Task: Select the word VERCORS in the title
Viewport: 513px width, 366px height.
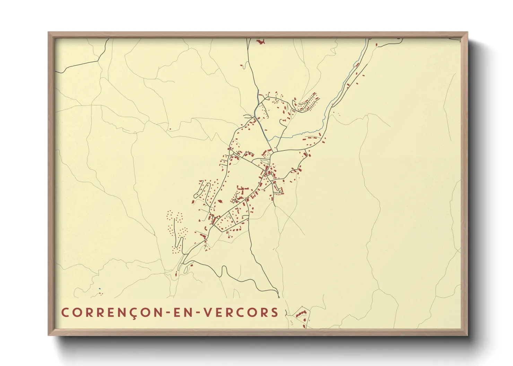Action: coord(240,312)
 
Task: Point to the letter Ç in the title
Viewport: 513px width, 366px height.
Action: coord(133,313)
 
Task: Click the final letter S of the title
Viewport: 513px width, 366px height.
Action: coord(275,312)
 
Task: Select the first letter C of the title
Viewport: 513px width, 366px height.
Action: coord(65,312)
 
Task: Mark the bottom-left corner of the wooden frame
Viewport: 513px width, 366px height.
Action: coord(49,335)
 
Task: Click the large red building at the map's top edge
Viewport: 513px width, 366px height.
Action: coord(260,42)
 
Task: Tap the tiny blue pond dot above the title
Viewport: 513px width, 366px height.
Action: coord(99,289)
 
